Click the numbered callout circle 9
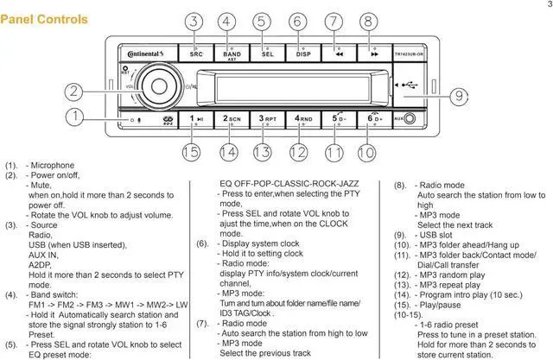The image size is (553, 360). coord(459,96)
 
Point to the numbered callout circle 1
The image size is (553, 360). coord(77,117)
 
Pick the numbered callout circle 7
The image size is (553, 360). coord(334,22)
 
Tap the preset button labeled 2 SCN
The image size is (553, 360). coord(232,119)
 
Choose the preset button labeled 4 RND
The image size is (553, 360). coord(302,119)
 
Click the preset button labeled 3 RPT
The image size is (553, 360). coord(267,119)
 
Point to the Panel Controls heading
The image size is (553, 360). coord(44,18)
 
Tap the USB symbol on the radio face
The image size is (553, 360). coord(409,85)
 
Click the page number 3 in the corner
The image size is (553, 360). coord(547,5)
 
